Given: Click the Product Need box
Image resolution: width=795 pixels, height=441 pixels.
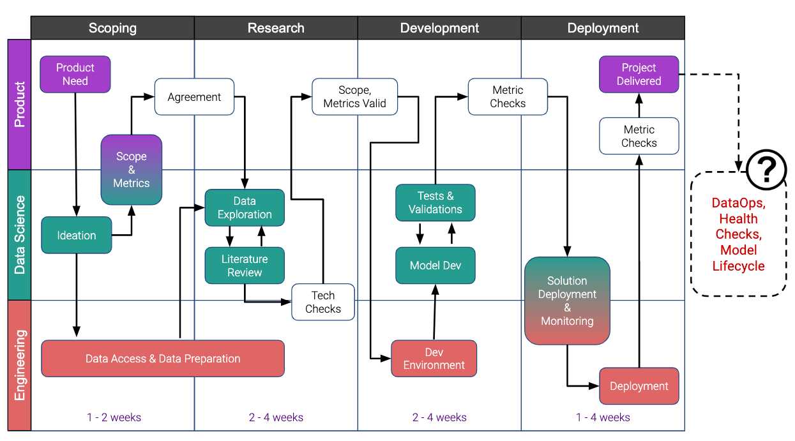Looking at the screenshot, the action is pyautogui.click(x=75, y=74).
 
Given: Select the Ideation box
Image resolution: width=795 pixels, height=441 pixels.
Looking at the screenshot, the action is pyautogui.click(x=77, y=235).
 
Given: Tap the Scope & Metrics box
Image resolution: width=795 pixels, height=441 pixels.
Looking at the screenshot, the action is pyautogui.click(x=132, y=170).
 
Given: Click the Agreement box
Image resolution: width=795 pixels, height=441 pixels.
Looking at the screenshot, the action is pyautogui.click(x=194, y=96).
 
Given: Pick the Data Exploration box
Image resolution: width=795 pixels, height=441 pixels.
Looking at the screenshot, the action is pyautogui.click(x=245, y=207).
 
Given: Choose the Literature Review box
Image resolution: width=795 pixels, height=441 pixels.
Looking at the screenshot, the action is pyautogui.click(x=245, y=265).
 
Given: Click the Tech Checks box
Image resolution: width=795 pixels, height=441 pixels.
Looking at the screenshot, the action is pyautogui.click(x=323, y=302).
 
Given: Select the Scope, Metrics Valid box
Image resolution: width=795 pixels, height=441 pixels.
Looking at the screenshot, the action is pyautogui.click(x=354, y=96).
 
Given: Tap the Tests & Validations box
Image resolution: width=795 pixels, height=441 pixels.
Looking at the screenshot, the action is pyautogui.click(x=435, y=202).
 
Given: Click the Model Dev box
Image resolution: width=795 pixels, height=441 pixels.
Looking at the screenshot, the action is pyautogui.click(x=435, y=265).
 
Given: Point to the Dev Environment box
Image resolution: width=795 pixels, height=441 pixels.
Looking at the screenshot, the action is pyautogui.click(x=434, y=358).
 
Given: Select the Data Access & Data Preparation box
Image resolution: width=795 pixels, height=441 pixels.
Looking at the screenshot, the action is pyautogui.click(x=163, y=358).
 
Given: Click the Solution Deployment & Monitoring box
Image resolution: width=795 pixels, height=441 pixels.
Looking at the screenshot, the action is pyautogui.click(x=567, y=301).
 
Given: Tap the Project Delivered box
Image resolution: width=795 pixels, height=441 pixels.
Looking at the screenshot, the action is pyautogui.click(x=639, y=74).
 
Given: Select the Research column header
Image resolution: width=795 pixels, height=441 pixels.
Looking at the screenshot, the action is pyautogui.click(x=276, y=27).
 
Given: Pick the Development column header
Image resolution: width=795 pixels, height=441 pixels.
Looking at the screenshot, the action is pyautogui.click(x=439, y=27).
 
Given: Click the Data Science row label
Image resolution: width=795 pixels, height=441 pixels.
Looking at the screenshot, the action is pyautogui.click(x=20, y=235).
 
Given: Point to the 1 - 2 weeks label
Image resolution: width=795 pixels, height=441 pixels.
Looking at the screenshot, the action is pyautogui.click(x=114, y=417).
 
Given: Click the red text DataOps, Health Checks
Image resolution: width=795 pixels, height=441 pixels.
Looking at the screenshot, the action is pyautogui.click(x=739, y=218).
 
